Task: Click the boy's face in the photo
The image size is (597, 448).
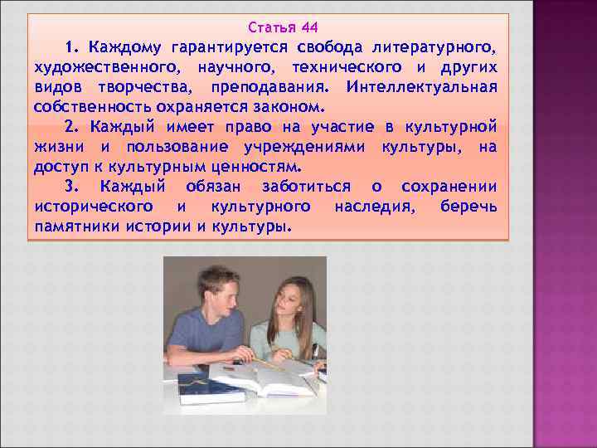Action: tap(219, 290)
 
